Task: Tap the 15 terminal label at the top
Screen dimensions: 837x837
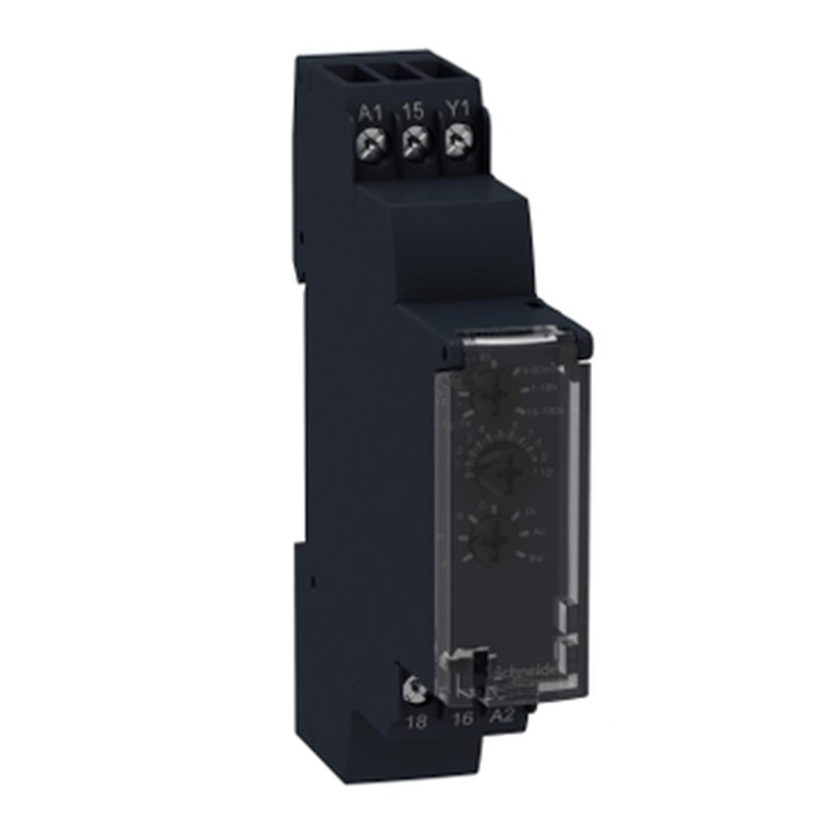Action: (414, 111)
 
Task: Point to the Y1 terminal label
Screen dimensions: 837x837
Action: (456, 111)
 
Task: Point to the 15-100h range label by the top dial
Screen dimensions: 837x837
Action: (541, 411)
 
